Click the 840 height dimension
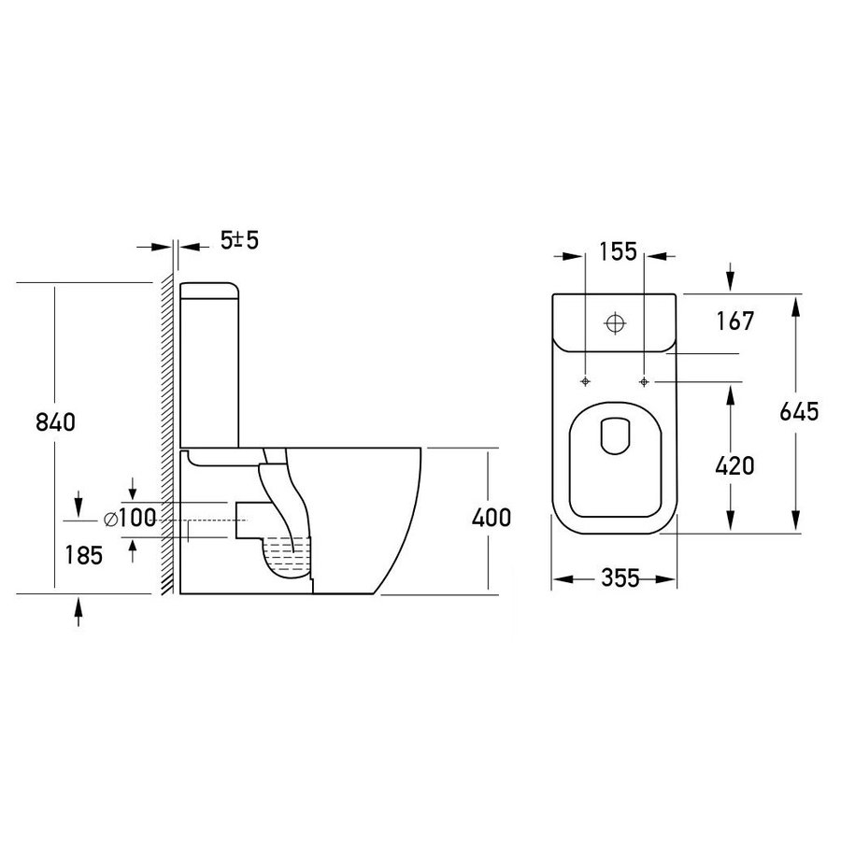[x=55, y=422]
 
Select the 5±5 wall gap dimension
[x=240, y=240]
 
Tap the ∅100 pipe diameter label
[x=130, y=518]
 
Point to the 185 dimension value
[x=84, y=555]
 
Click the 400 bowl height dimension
[x=492, y=518]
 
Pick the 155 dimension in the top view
[x=618, y=251]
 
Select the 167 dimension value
[x=735, y=321]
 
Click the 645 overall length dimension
[x=799, y=411]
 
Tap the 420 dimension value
[x=734, y=465]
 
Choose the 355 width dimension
[x=620, y=578]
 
